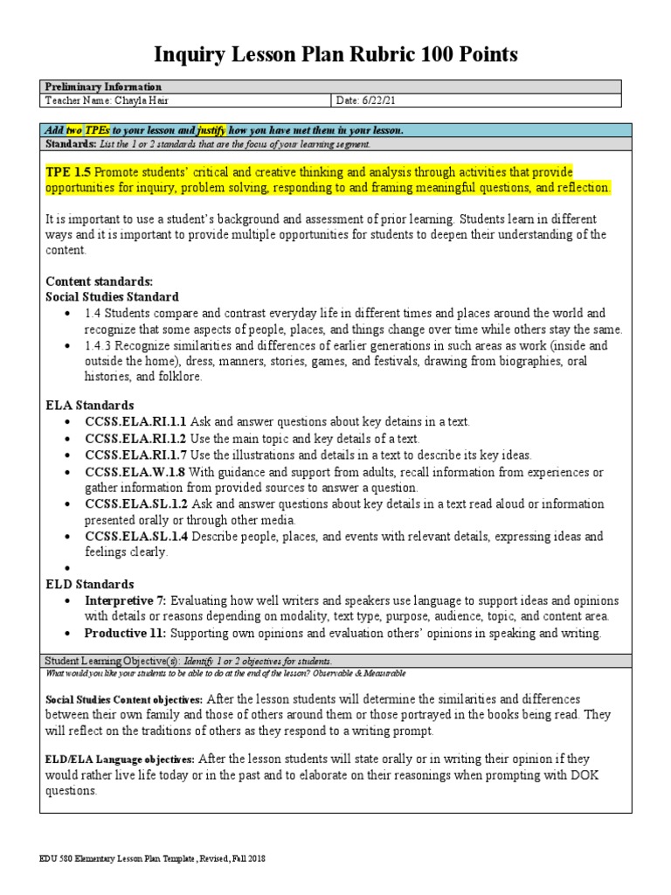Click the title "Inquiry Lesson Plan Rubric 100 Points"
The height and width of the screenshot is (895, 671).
(335, 55)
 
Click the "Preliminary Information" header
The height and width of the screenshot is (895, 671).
(103, 87)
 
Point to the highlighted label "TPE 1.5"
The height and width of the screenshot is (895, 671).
(67, 171)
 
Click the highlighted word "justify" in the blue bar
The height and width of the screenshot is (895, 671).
(212, 130)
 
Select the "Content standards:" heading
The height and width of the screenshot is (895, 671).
(99, 281)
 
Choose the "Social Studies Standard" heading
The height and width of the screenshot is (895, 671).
(112, 297)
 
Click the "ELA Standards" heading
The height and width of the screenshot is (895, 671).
(89, 406)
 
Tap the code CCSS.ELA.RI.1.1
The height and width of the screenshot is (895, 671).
(135, 422)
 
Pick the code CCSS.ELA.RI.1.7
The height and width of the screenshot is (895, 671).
(135, 455)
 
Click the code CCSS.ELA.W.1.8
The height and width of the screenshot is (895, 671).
(134, 472)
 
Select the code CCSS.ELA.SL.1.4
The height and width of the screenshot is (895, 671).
(135, 536)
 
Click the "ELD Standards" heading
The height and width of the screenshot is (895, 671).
(89, 584)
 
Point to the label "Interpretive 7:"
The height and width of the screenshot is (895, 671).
(125, 600)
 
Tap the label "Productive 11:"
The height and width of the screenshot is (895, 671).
(125, 633)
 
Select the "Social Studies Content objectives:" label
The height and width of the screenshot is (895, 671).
(123, 699)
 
